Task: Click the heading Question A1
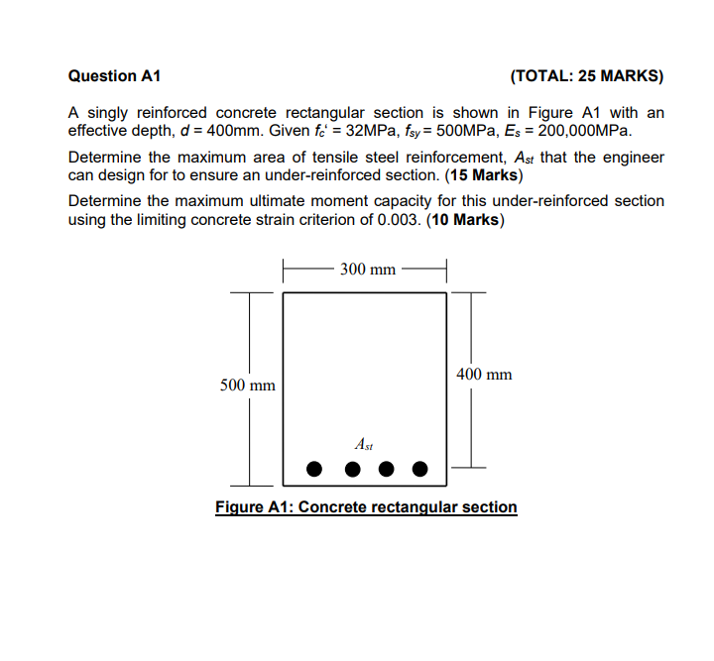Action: pyautogui.click(x=114, y=76)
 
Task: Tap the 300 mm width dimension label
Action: pyautogui.click(x=367, y=269)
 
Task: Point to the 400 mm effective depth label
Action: pyautogui.click(x=485, y=374)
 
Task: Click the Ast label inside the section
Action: pyautogui.click(x=364, y=445)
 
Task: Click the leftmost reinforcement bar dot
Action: pyautogui.click(x=314, y=468)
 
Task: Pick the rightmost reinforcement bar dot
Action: pyautogui.click(x=420, y=468)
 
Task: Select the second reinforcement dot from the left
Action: pyautogui.click(x=351, y=468)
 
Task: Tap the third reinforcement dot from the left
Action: pyautogui.click(x=386, y=468)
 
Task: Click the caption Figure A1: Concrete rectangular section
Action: pyautogui.click(x=366, y=507)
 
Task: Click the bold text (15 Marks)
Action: pyautogui.click(x=481, y=175)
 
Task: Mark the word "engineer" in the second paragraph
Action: pyautogui.click(x=635, y=158)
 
